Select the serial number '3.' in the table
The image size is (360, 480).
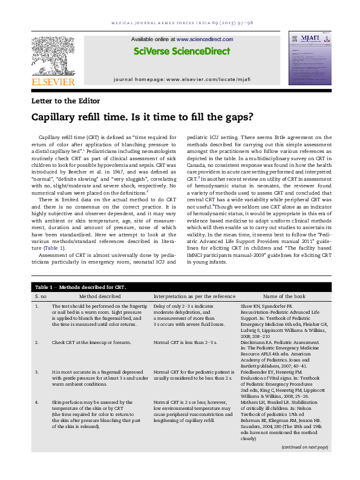pos(38,372)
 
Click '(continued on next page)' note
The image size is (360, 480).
pos(304,464)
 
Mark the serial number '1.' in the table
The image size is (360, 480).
pos(38,307)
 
